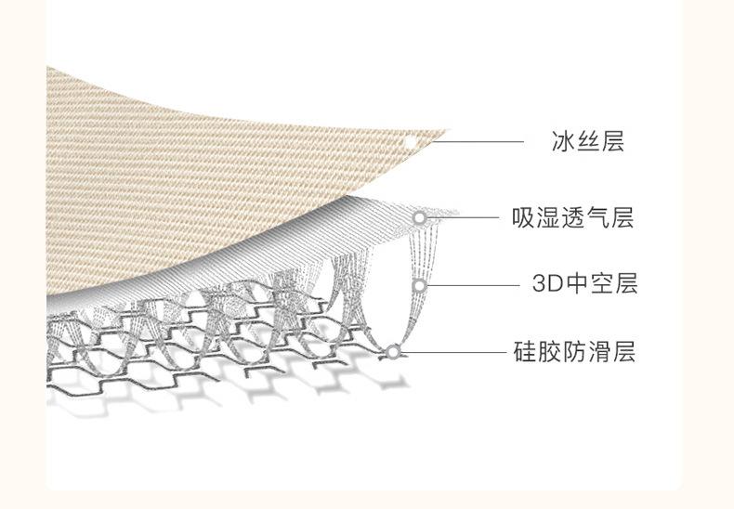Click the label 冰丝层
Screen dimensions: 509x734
click(x=586, y=142)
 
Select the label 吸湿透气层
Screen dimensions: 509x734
click(x=573, y=218)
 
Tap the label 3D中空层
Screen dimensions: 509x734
click(x=584, y=284)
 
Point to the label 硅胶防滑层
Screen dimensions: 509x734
click(x=574, y=352)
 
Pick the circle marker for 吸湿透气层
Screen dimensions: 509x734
click(x=420, y=218)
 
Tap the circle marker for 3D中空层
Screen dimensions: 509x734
click(x=419, y=285)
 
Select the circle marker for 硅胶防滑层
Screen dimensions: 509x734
click(x=393, y=352)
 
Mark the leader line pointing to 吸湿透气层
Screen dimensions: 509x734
click(x=465, y=218)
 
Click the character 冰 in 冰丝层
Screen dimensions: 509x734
click(x=562, y=142)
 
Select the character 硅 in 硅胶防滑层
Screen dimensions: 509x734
click(x=524, y=352)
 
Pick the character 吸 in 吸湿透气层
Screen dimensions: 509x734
click(x=524, y=218)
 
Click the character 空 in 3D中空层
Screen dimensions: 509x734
click(x=601, y=284)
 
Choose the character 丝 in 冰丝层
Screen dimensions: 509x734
click(x=586, y=142)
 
